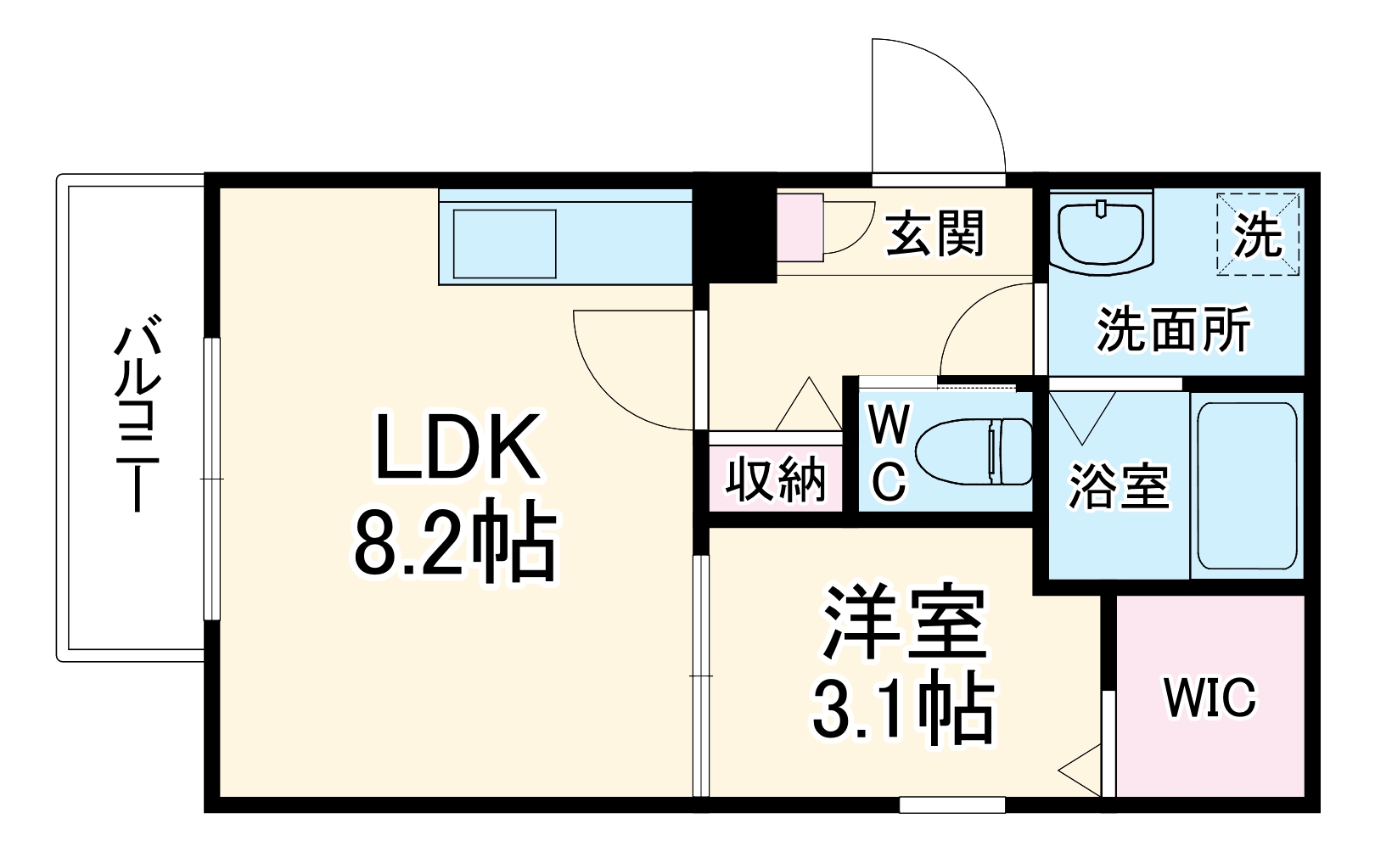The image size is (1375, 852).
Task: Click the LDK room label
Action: [457, 447]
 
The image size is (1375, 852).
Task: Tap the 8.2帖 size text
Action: [455, 543]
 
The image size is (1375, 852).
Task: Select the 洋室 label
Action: [905, 622]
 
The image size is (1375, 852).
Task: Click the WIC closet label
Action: [1209, 698]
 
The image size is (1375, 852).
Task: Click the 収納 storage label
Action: [776, 479]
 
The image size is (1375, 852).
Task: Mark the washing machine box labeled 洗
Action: [1258, 234]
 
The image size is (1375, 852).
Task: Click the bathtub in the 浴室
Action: [1246, 485]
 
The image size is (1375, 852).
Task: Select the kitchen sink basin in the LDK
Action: [505, 244]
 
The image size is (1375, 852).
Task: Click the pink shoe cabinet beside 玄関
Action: [800, 227]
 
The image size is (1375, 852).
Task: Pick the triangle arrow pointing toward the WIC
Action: [1082, 770]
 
